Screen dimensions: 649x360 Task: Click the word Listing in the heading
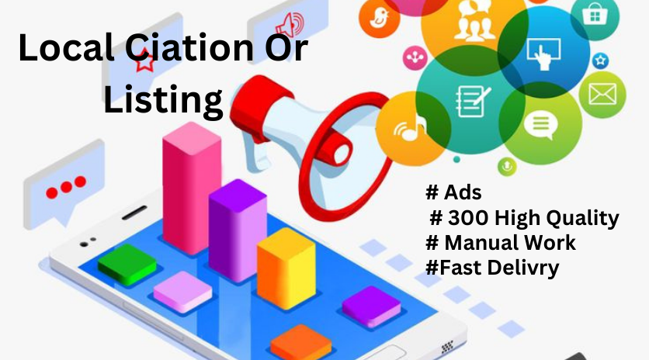point(163,99)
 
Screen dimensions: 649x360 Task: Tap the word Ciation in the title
point(189,47)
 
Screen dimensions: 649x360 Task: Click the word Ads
point(463,192)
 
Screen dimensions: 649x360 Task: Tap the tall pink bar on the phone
point(192,189)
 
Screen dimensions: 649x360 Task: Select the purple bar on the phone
point(238,230)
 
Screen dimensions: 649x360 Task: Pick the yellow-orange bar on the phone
point(286,268)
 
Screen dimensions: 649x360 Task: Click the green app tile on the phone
point(127,265)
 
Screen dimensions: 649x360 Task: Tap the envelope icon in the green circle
point(602,94)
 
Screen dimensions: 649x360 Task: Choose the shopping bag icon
point(595,15)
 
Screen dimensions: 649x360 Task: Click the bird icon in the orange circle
point(379,18)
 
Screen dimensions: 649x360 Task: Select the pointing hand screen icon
point(543,54)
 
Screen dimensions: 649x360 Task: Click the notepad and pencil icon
point(472,101)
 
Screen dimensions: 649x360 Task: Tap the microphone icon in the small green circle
point(507,166)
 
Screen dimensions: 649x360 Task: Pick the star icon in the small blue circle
point(600,61)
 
